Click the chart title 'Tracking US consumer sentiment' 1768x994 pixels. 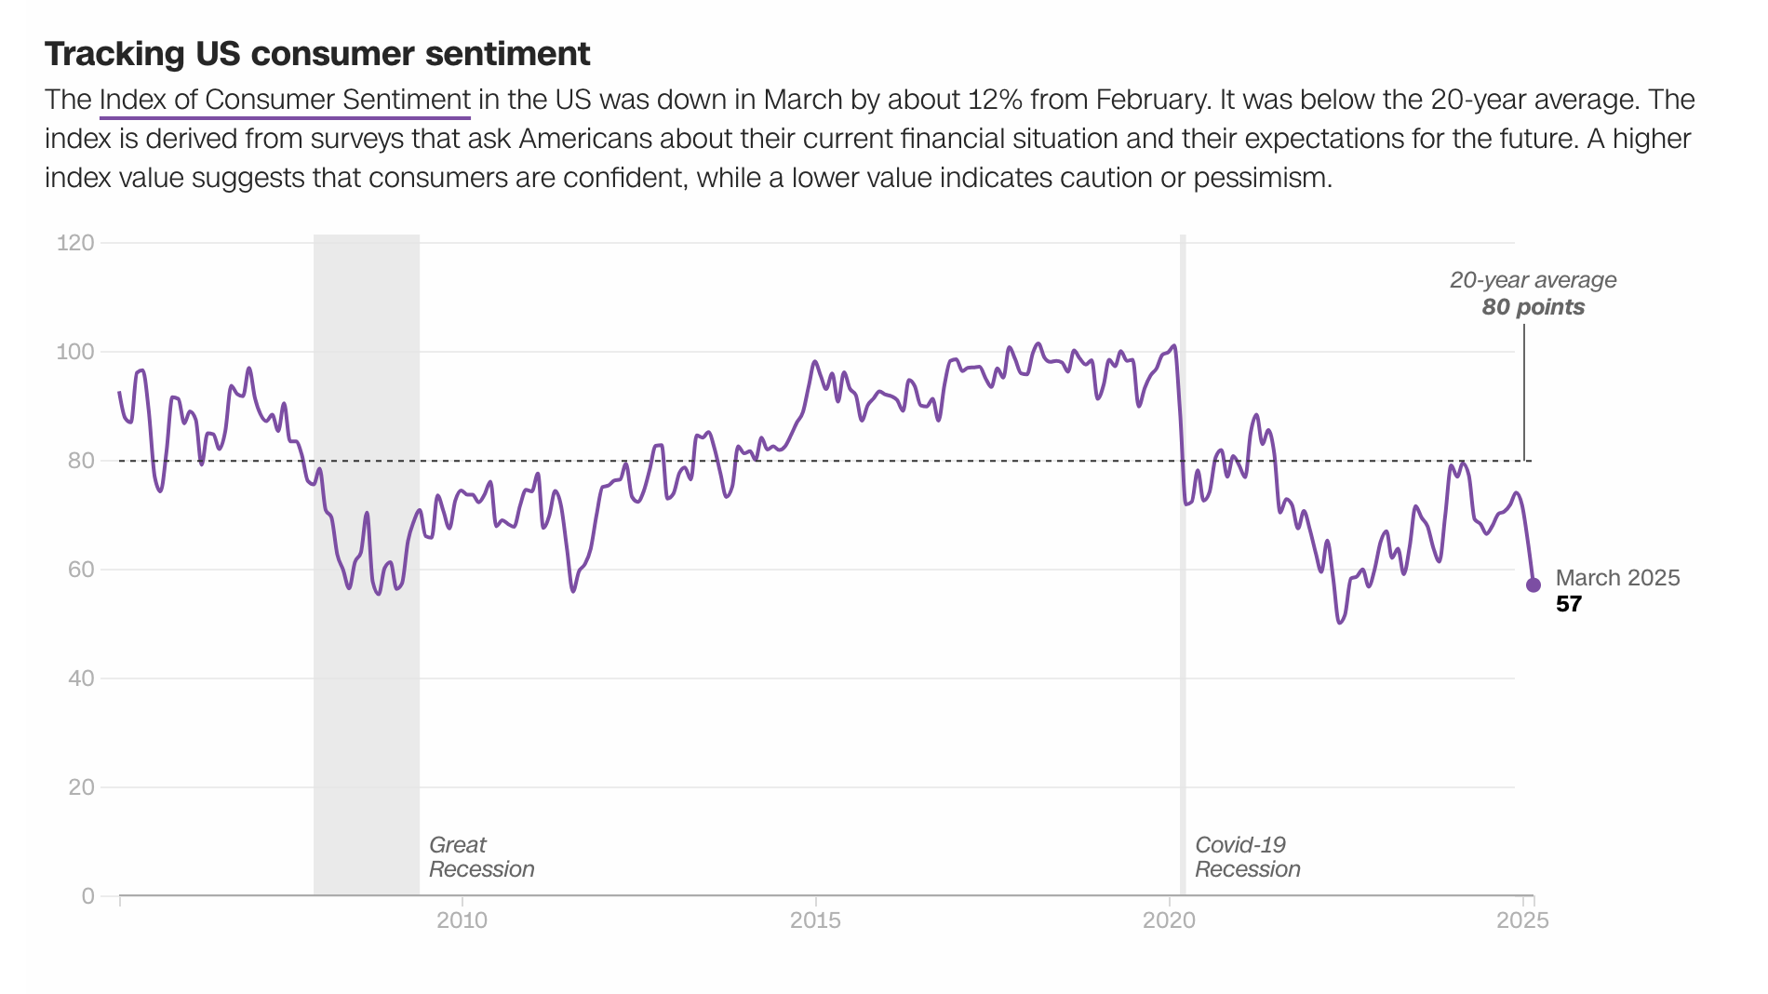pyautogui.click(x=317, y=55)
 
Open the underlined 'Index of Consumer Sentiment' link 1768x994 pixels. pyautogui.click(x=285, y=100)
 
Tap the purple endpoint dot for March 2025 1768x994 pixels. pyautogui.click(x=1534, y=585)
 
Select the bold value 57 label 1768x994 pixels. pyautogui.click(x=1569, y=605)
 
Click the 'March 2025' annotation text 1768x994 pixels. pyautogui.click(x=1617, y=578)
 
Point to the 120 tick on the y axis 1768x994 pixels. pyautogui.click(x=75, y=243)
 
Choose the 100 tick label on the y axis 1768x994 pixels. pyautogui.click(x=75, y=352)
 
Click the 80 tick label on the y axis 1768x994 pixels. pyautogui.click(x=81, y=461)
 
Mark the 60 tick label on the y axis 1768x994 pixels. pyautogui.click(x=81, y=570)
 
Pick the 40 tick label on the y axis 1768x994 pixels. pyautogui.click(x=81, y=678)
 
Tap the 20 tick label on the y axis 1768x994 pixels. pyautogui.click(x=81, y=787)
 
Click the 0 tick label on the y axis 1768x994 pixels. pyautogui.click(x=88, y=896)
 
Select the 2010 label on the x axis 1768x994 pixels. pyautogui.click(x=462, y=920)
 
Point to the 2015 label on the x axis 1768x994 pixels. pyautogui.click(x=815, y=920)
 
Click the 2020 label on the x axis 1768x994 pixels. pyautogui.click(x=1169, y=920)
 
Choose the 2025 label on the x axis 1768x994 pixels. pyautogui.click(x=1522, y=920)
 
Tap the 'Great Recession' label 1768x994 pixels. pyautogui.click(x=481, y=857)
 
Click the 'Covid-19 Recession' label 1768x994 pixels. pyautogui.click(x=1247, y=857)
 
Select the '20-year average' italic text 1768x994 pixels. pyautogui.click(x=1533, y=280)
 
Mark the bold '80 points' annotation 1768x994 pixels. pyautogui.click(x=1533, y=307)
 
